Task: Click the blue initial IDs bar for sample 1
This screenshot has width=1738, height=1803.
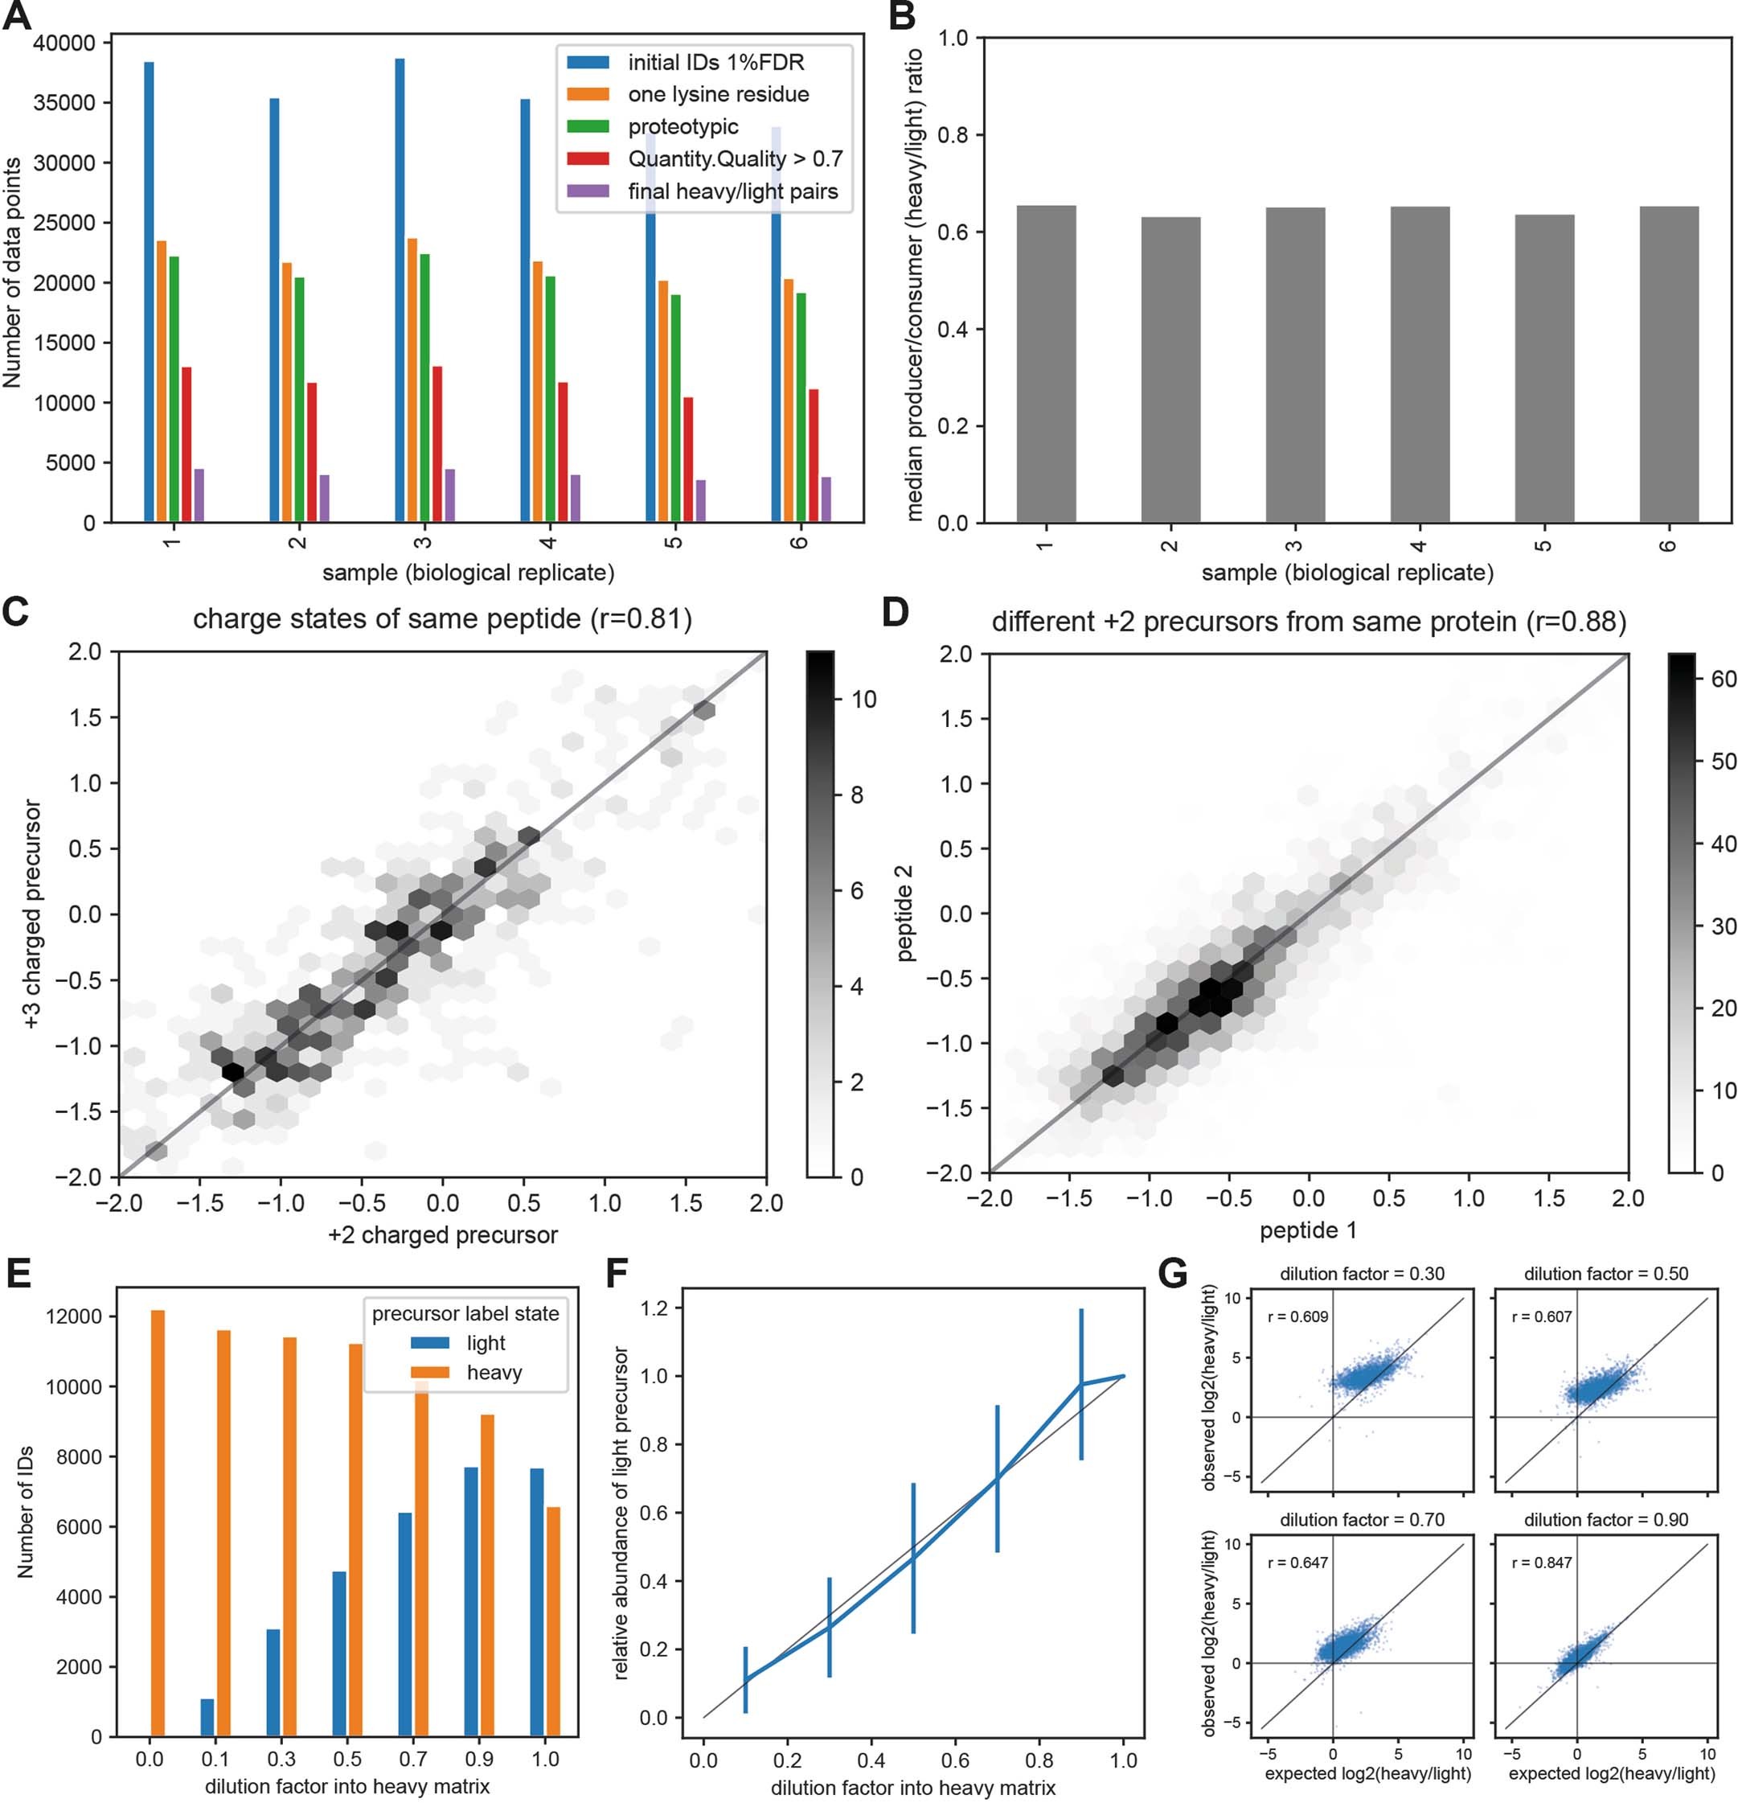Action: (x=149, y=293)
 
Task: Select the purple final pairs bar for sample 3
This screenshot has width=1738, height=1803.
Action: (x=449, y=496)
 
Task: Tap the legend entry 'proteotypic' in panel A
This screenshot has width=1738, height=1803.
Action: (x=682, y=127)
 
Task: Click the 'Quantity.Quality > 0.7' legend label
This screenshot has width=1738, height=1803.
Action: (x=735, y=159)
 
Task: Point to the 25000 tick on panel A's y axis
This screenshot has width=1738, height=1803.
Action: (x=64, y=224)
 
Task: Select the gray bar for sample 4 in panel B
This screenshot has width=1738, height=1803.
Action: (x=1419, y=365)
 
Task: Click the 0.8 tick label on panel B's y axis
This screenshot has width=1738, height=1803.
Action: (x=953, y=135)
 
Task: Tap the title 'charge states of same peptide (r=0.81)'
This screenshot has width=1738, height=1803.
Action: (x=442, y=619)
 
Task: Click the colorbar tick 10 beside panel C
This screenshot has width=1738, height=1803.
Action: (x=863, y=700)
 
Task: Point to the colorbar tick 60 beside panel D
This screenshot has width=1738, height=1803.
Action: (x=1724, y=680)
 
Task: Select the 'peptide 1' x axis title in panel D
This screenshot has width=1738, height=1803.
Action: (x=1308, y=1230)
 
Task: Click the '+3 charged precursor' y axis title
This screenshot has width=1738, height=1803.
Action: (x=33, y=914)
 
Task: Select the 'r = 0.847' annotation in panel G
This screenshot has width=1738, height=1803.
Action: (x=1541, y=1563)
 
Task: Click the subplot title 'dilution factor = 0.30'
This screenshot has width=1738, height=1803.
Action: (x=1362, y=1274)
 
